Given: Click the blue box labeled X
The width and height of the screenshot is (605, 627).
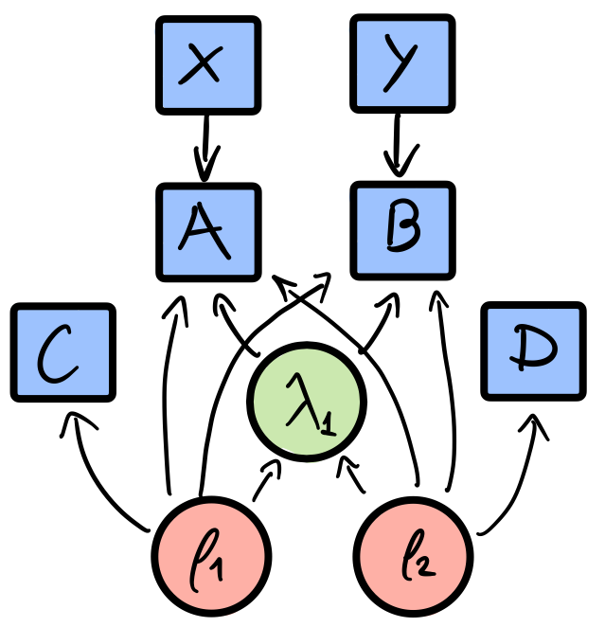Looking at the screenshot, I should tap(207, 65).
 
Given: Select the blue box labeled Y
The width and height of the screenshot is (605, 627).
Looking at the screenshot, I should tap(401, 65).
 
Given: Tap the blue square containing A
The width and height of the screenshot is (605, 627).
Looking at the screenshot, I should tap(207, 232).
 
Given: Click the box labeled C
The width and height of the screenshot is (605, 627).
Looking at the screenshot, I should tap(63, 351).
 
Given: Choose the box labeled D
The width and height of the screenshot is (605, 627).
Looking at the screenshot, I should tap(533, 350).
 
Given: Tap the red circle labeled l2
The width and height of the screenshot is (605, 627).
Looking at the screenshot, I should tap(414, 550).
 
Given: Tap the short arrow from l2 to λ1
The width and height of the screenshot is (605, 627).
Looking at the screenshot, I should tap(354, 476).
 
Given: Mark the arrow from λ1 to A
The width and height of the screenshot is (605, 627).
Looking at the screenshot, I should tap(237, 328).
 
